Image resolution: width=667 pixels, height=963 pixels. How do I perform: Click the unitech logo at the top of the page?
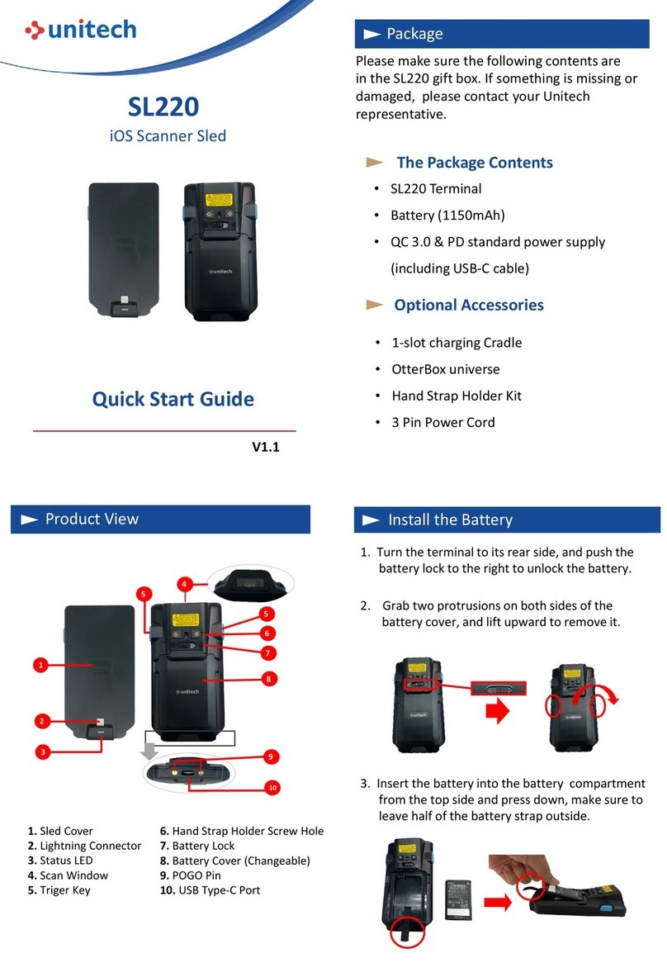point(80,31)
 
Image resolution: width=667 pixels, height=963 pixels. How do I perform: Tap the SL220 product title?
point(163,107)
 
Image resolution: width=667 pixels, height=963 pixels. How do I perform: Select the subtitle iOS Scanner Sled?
point(168,135)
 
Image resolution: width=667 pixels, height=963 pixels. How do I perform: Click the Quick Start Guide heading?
point(173,400)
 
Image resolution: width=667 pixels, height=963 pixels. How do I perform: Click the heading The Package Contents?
point(474,163)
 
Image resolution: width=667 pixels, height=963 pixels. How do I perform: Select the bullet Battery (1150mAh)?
point(447,215)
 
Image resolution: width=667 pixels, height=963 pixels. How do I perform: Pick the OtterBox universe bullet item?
point(444,369)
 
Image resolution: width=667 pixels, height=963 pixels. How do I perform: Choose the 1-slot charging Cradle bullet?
point(456,343)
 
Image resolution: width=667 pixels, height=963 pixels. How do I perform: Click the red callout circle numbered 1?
point(39,663)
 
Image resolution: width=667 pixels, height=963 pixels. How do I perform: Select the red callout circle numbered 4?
point(184,584)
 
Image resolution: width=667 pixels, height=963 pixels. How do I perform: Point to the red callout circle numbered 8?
point(268,679)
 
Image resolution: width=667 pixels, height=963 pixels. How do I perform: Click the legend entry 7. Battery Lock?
point(196,846)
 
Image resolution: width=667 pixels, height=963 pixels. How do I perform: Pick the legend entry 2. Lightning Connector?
point(84,846)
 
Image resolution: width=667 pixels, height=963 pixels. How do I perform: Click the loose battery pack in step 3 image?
point(456,899)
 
